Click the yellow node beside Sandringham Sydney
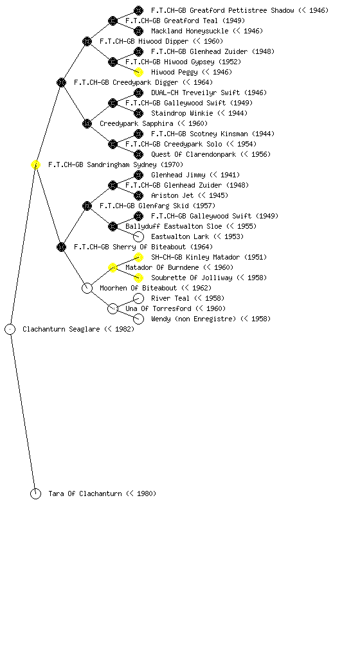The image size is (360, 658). click(35, 165)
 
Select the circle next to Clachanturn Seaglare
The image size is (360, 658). click(10, 330)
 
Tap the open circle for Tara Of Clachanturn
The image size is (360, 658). click(35, 494)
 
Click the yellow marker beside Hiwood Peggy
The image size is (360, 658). click(138, 72)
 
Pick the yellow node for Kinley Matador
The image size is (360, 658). click(138, 257)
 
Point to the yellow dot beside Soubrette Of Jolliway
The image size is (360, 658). click(138, 278)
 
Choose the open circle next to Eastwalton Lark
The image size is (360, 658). click(138, 236)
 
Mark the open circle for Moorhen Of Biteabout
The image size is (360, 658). click(87, 289)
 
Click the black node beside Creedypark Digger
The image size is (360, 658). click(61, 82)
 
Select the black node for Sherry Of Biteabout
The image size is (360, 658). click(61, 247)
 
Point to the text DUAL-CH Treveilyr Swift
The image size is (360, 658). click(195, 93)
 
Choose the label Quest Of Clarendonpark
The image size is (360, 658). click(194, 154)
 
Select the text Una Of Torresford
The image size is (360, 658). click(158, 308)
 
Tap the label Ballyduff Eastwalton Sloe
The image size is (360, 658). click(174, 226)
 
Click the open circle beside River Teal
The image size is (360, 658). click(138, 298)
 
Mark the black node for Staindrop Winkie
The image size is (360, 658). click(138, 113)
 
